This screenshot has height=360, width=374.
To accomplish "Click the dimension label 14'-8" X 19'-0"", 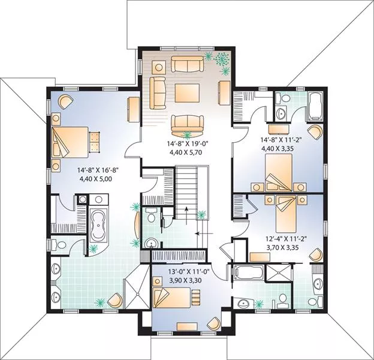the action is [188, 144].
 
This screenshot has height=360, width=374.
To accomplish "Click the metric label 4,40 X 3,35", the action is [278, 149].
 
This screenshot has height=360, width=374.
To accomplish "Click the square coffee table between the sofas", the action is [187, 93].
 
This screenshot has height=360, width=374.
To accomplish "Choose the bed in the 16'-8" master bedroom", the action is [70, 142].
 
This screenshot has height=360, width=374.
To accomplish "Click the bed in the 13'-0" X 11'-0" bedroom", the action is [172, 298].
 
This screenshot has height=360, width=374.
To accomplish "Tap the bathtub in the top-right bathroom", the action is [315, 106].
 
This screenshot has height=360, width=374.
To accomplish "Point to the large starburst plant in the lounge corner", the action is [221, 58].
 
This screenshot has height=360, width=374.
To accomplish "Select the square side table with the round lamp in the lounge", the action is [158, 67].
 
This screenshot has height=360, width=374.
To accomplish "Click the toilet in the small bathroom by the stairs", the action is [151, 215].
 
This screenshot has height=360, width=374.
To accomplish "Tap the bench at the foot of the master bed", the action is [95, 142].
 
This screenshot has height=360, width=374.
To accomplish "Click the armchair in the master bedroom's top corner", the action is [65, 101].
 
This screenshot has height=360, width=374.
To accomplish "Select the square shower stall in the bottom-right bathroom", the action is [278, 272].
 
